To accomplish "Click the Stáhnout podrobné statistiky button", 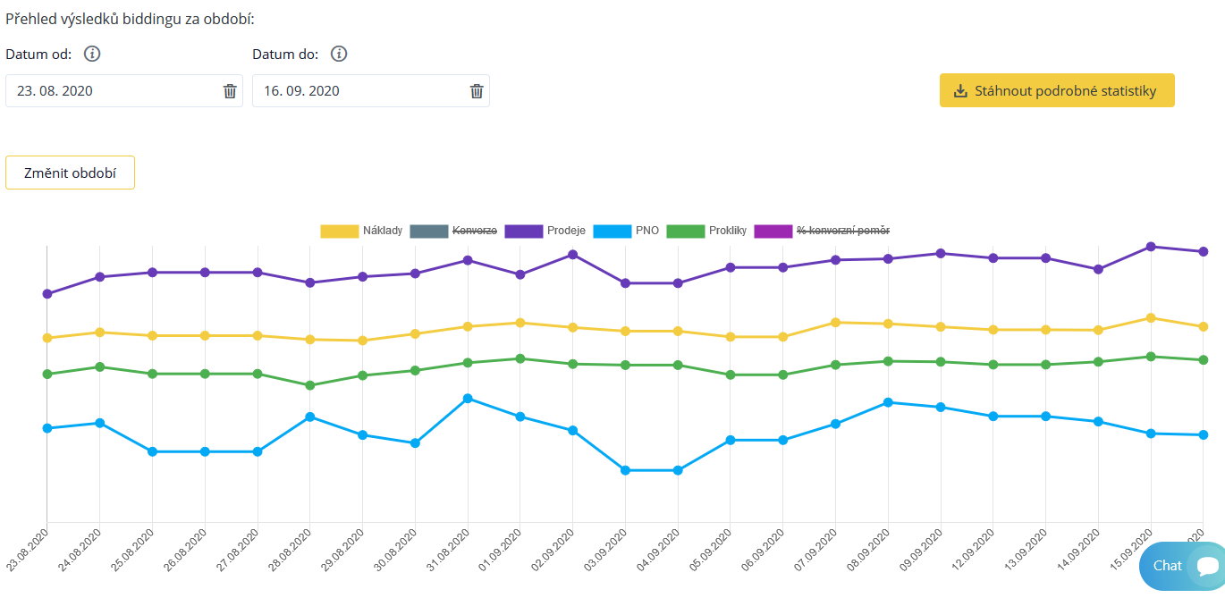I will coord(1056,90).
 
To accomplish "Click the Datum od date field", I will coord(112,91).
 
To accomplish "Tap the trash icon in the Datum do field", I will coord(477,91).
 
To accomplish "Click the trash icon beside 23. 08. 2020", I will coord(230,91).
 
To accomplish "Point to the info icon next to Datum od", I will coord(92,54).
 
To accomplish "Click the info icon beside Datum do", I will coord(339,54).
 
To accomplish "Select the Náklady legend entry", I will coord(361,231).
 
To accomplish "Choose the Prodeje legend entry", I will coord(545,231).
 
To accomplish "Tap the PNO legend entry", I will coord(627,231).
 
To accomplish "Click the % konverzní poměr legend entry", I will coord(822,231).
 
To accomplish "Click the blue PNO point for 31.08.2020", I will coord(467,398).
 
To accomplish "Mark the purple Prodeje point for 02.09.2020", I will coord(572,255).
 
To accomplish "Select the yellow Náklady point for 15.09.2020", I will coord(1151,317).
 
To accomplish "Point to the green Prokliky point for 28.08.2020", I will coord(309,385).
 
